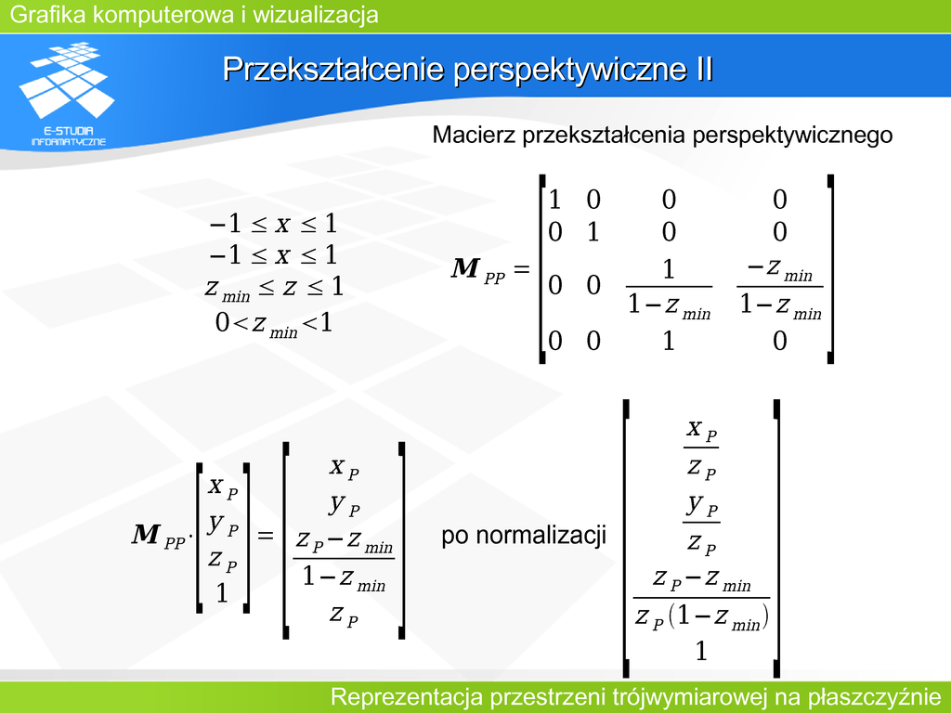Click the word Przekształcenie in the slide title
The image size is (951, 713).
pyautogui.click(x=333, y=69)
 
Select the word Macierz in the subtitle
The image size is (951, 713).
pyautogui.click(x=474, y=134)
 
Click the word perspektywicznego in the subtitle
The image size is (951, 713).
pyautogui.click(x=792, y=136)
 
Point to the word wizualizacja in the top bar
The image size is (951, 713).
pyautogui.click(x=316, y=15)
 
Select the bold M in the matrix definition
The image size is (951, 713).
pyautogui.click(x=466, y=268)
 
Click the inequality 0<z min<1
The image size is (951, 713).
pyautogui.click(x=274, y=324)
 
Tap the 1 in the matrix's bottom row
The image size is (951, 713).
pyautogui.click(x=669, y=341)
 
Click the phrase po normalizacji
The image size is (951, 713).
pyautogui.click(x=524, y=536)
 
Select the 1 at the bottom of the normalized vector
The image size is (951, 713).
pyautogui.click(x=701, y=651)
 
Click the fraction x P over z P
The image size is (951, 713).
pyautogui.click(x=701, y=448)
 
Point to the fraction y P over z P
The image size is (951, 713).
pyautogui.click(x=701, y=523)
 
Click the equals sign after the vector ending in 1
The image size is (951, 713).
pyautogui.click(x=266, y=536)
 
